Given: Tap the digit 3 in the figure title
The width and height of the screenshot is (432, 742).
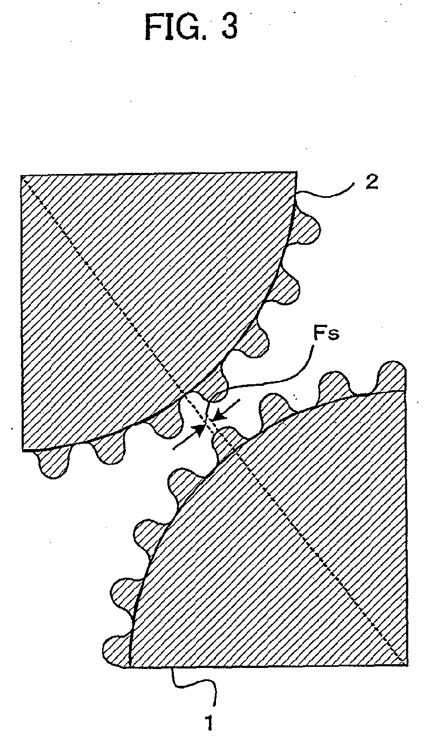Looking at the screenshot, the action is [230, 27].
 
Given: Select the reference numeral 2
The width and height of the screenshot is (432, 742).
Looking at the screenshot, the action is [372, 182].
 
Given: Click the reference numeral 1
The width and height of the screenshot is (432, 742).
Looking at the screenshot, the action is [209, 723].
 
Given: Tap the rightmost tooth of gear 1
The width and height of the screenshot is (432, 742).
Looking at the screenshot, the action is [390, 378].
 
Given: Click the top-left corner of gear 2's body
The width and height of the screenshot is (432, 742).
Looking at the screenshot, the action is [21, 176].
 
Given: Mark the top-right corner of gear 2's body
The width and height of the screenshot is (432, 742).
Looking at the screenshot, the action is [296, 172].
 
